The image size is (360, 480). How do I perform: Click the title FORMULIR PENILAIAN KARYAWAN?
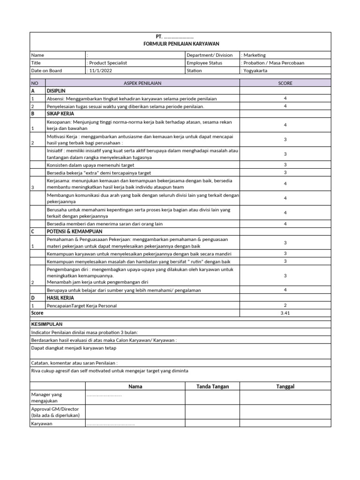click(x=180, y=44)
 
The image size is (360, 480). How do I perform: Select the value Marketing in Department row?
click(x=254, y=55)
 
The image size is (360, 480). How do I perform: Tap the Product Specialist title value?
click(x=107, y=63)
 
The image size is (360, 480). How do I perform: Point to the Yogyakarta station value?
click(x=256, y=71)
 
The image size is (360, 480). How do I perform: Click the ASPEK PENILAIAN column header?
click(x=142, y=83)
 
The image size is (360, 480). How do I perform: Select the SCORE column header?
click(x=285, y=83)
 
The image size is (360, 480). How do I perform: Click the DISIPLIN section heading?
click(x=56, y=91)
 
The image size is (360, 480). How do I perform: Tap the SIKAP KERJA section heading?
click(x=60, y=113)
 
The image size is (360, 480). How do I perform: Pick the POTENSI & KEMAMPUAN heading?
click(x=74, y=232)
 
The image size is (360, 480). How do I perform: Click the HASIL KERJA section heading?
click(x=60, y=298)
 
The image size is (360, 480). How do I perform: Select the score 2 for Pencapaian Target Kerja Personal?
click(x=285, y=305)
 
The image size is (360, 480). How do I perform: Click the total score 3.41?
click(x=285, y=313)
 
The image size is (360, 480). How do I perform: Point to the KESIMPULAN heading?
click(x=46, y=324)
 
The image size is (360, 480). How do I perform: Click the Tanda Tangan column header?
click(x=212, y=386)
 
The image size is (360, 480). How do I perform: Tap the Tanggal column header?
click(x=285, y=386)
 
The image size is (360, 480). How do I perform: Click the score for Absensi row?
click(x=285, y=98)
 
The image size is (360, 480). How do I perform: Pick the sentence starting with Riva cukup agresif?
click(x=109, y=371)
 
